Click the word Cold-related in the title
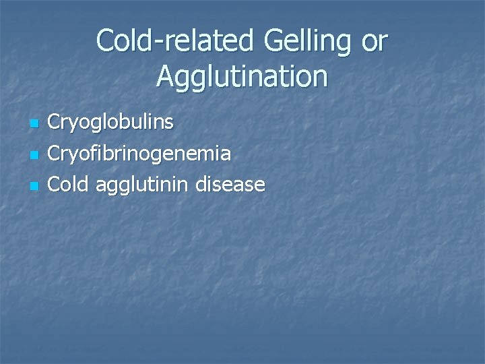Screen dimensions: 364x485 coord(178,42)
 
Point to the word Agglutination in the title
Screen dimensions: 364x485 coord(243,77)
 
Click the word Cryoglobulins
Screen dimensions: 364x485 coord(111,123)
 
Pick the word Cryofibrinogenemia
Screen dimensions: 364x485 coord(139,154)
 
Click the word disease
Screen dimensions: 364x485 coord(231,184)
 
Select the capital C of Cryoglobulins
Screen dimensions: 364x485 coord(56,123)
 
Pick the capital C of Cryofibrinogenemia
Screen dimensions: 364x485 coord(56,154)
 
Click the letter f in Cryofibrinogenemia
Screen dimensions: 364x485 coord(100,153)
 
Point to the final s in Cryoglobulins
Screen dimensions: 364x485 coord(169,124)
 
